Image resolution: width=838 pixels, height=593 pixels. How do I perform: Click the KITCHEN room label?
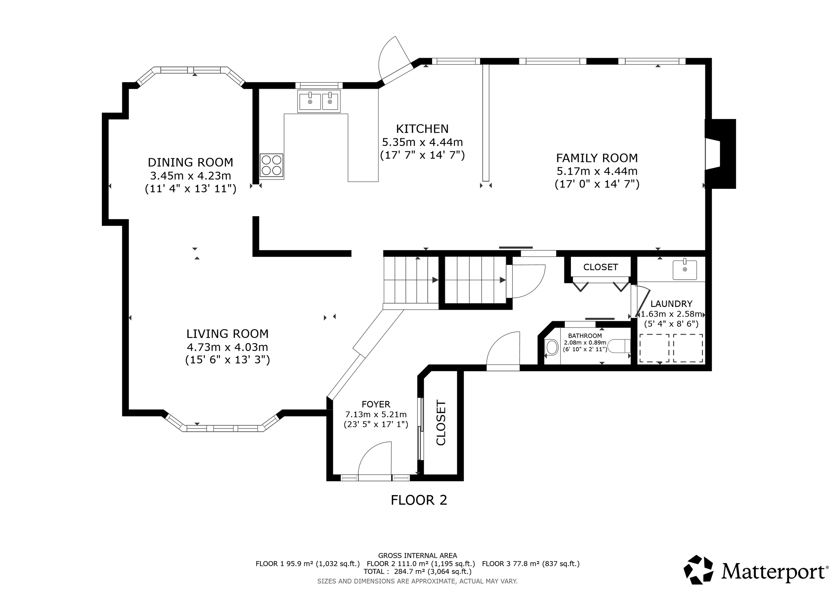tap(422, 129)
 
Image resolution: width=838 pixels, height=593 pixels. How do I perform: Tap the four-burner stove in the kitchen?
tap(272, 165)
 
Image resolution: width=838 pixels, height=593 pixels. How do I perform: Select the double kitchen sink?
tap(319, 102)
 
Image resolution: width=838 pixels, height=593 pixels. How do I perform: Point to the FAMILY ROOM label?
tap(597, 158)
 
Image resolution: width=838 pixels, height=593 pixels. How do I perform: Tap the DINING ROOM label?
tap(190, 162)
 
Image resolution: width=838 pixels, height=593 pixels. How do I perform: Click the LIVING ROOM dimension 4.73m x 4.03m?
tap(227, 347)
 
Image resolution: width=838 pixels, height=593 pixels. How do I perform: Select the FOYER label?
tap(376, 404)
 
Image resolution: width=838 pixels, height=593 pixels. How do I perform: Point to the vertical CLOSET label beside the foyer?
tap(441, 423)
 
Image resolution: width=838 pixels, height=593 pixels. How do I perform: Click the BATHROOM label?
tap(585, 335)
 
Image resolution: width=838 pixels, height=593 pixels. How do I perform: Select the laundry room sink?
tap(684, 270)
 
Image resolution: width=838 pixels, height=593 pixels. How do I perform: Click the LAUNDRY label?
tap(671, 304)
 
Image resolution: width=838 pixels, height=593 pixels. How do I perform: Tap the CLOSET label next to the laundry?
tap(600, 267)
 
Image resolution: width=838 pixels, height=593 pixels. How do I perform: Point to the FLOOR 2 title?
tap(419, 500)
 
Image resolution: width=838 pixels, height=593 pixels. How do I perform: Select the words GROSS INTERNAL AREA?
tap(417, 556)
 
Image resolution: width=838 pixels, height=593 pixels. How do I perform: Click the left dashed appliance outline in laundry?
tap(654, 348)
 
